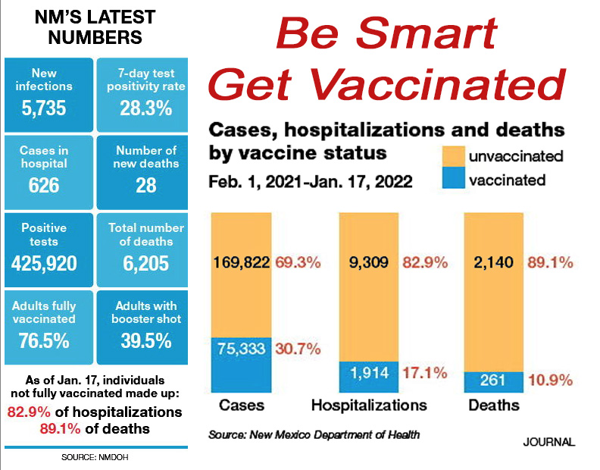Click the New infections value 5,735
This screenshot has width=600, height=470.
[44, 108]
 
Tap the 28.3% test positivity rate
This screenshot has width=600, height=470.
[145, 108]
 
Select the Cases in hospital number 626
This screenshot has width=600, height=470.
[44, 186]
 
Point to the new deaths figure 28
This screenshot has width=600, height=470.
[145, 186]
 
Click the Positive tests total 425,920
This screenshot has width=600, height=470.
[44, 263]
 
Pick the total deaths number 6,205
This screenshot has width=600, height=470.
[145, 263]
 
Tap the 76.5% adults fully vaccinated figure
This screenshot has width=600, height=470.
[44, 340]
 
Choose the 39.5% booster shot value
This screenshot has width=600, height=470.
[145, 340]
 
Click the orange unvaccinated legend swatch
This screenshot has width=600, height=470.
[454, 156]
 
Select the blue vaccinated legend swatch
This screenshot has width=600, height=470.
[454, 177]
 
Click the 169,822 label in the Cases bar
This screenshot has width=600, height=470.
[242, 263]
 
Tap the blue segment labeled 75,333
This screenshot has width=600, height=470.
[242, 365]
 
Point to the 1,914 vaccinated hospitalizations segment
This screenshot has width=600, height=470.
[369, 377]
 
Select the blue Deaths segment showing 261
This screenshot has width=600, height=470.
[494, 382]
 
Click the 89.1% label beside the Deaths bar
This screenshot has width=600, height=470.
[550, 263]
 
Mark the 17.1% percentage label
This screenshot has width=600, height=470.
[425, 373]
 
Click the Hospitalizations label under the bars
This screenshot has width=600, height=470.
[369, 406]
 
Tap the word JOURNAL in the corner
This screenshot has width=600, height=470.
[549, 442]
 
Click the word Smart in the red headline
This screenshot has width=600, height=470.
[427, 33]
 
